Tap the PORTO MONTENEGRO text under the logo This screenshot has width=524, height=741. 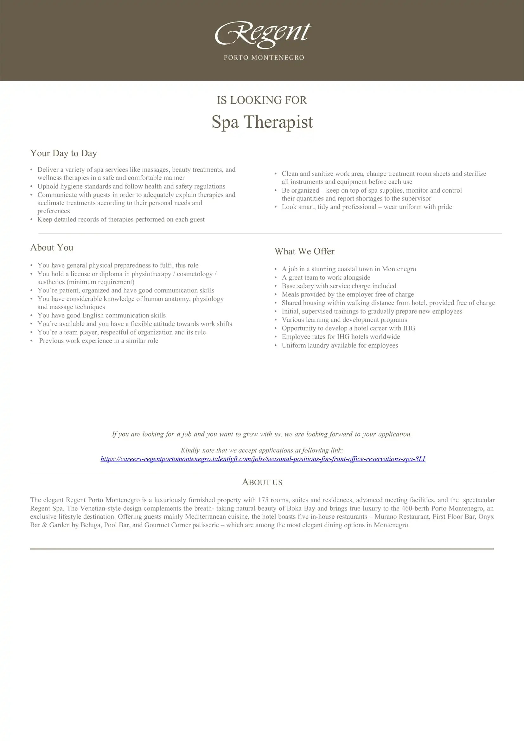[264, 58]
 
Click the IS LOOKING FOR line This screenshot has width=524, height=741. [262, 100]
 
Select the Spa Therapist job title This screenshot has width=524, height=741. [262, 122]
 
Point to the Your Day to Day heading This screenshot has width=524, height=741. [64, 153]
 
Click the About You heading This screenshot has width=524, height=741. [52, 247]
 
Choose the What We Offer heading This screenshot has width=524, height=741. [304, 252]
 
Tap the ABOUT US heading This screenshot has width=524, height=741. [262, 482]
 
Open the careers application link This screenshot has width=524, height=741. [263, 459]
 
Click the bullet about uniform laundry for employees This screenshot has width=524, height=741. [340, 345]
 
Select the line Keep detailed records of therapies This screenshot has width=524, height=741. [121, 220]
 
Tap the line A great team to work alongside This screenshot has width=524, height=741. [326, 278]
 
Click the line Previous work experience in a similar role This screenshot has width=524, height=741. [99, 341]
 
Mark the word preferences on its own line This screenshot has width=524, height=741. [54, 211]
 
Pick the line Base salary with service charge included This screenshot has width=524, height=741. [339, 286]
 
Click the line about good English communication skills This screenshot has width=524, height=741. [102, 315]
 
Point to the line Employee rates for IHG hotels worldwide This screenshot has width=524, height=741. [341, 337]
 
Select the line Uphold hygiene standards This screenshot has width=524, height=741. [131, 186]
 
